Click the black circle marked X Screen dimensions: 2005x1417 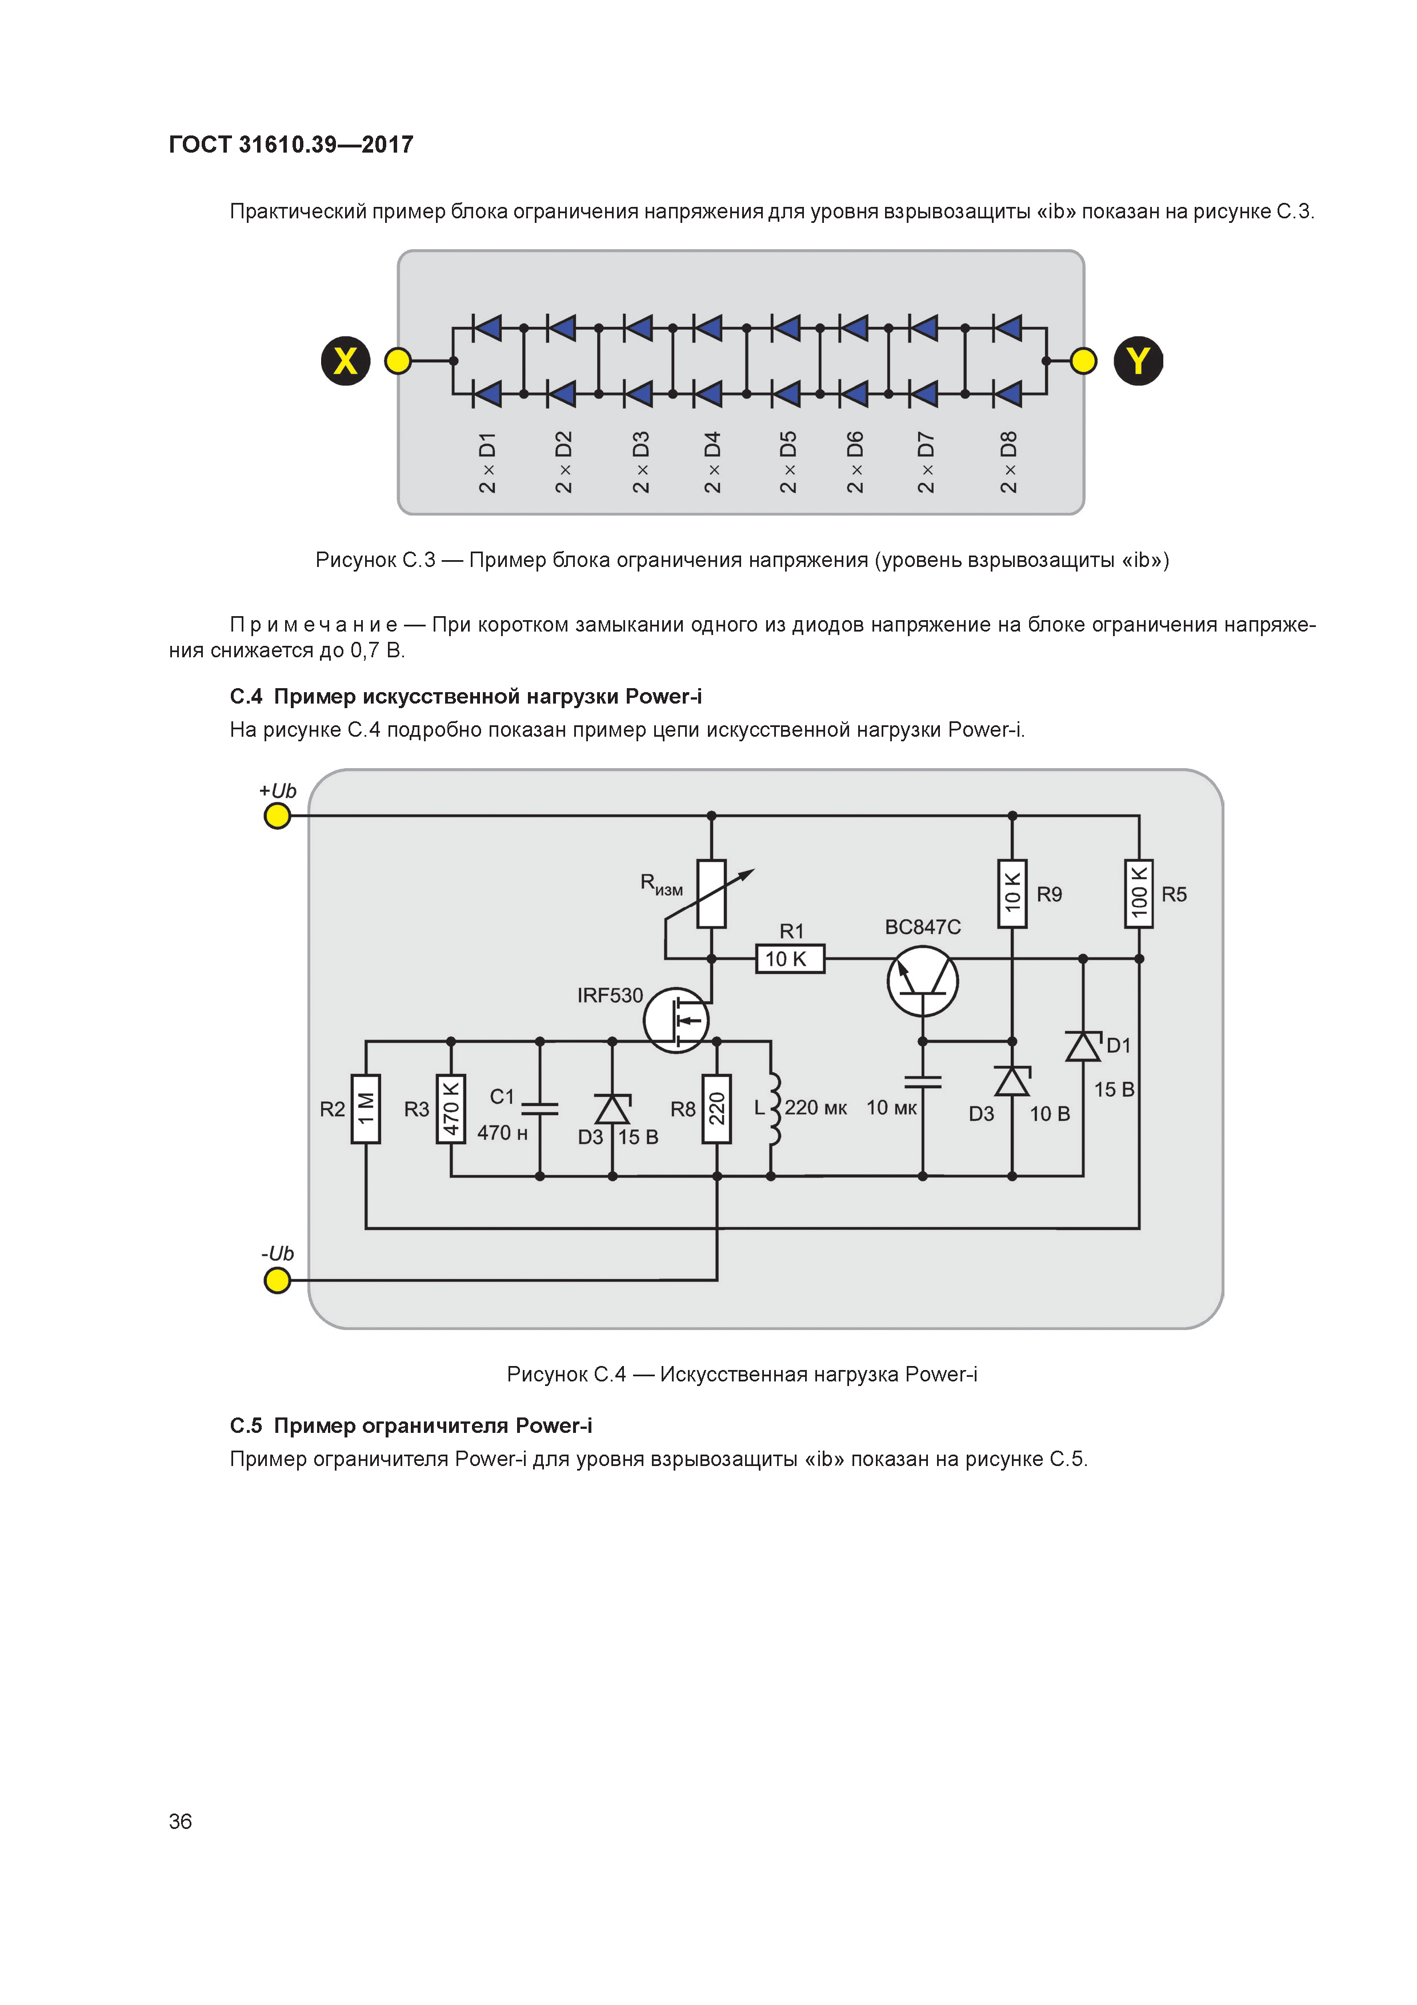pyautogui.click(x=346, y=361)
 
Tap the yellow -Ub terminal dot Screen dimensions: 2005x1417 pyautogui.click(x=278, y=1280)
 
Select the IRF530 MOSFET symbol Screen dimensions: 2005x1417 pyautogui.click(x=677, y=1019)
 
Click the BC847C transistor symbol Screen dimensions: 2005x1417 pyautogui.click(x=923, y=981)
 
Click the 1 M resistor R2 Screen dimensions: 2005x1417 pyautogui.click(x=366, y=1108)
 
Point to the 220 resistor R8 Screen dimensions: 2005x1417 pyautogui.click(x=717, y=1108)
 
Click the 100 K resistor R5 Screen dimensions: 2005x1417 pyautogui.click(x=1139, y=893)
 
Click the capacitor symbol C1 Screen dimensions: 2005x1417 pyautogui.click(x=539, y=1108)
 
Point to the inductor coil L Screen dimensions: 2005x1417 pyautogui.click(x=772, y=1108)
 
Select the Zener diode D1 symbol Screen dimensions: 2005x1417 pyautogui.click(x=1083, y=1046)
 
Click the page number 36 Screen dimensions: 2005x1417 pyautogui.click(x=181, y=1821)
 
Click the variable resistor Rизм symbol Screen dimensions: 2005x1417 pyautogui.click(x=711, y=893)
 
